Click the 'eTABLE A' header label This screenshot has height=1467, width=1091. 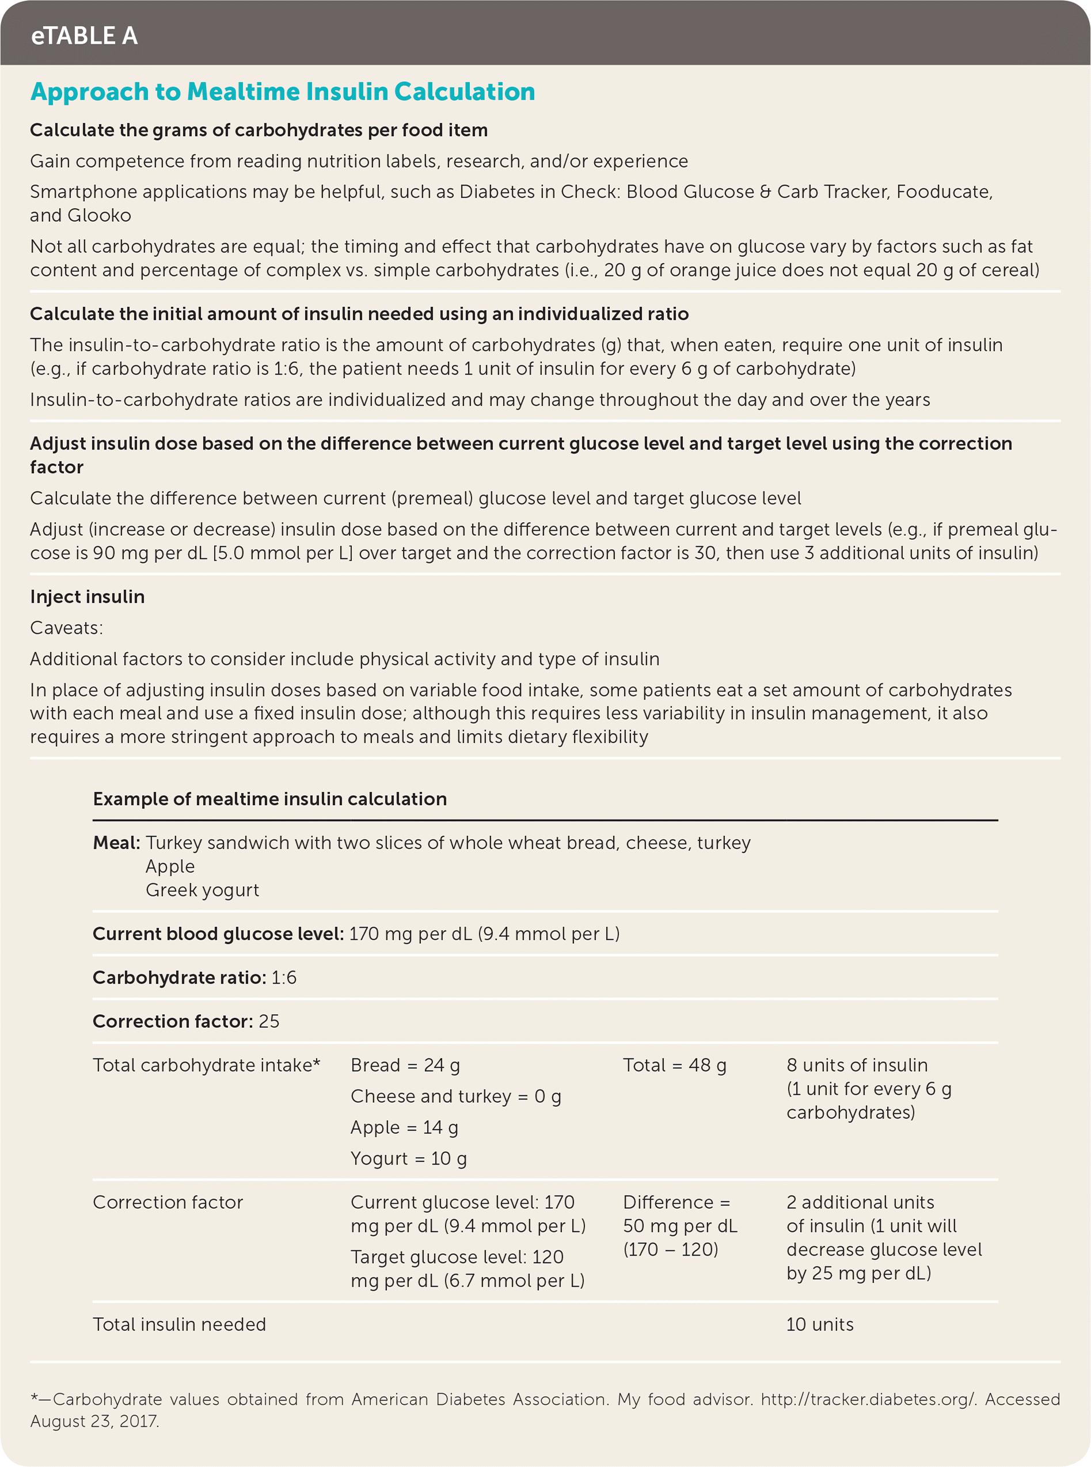point(85,36)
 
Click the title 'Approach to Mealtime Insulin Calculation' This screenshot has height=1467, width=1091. point(283,92)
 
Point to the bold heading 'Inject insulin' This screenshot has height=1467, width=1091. point(87,597)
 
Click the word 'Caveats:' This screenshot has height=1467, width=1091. point(67,628)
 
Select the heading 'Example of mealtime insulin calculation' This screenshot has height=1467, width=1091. point(269,799)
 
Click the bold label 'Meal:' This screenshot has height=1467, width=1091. point(116,842)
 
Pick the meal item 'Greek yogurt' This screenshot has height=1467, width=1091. point(202,890)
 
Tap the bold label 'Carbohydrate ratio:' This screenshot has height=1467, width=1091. point(179,977)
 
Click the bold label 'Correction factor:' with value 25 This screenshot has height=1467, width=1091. point(172,1021)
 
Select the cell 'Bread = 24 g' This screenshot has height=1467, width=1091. point(405,1065)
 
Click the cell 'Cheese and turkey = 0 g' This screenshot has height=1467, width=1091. point(455,1097)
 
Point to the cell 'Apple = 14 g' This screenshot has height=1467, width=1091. point(404,1128)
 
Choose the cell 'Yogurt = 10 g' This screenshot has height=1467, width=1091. point(408,1158)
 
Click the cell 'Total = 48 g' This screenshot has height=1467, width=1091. point(674,1065)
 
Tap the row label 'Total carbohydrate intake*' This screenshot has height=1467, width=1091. point(206,1065)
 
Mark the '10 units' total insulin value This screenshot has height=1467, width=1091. point(820,1324)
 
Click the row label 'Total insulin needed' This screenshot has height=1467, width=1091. point(179,1324)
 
